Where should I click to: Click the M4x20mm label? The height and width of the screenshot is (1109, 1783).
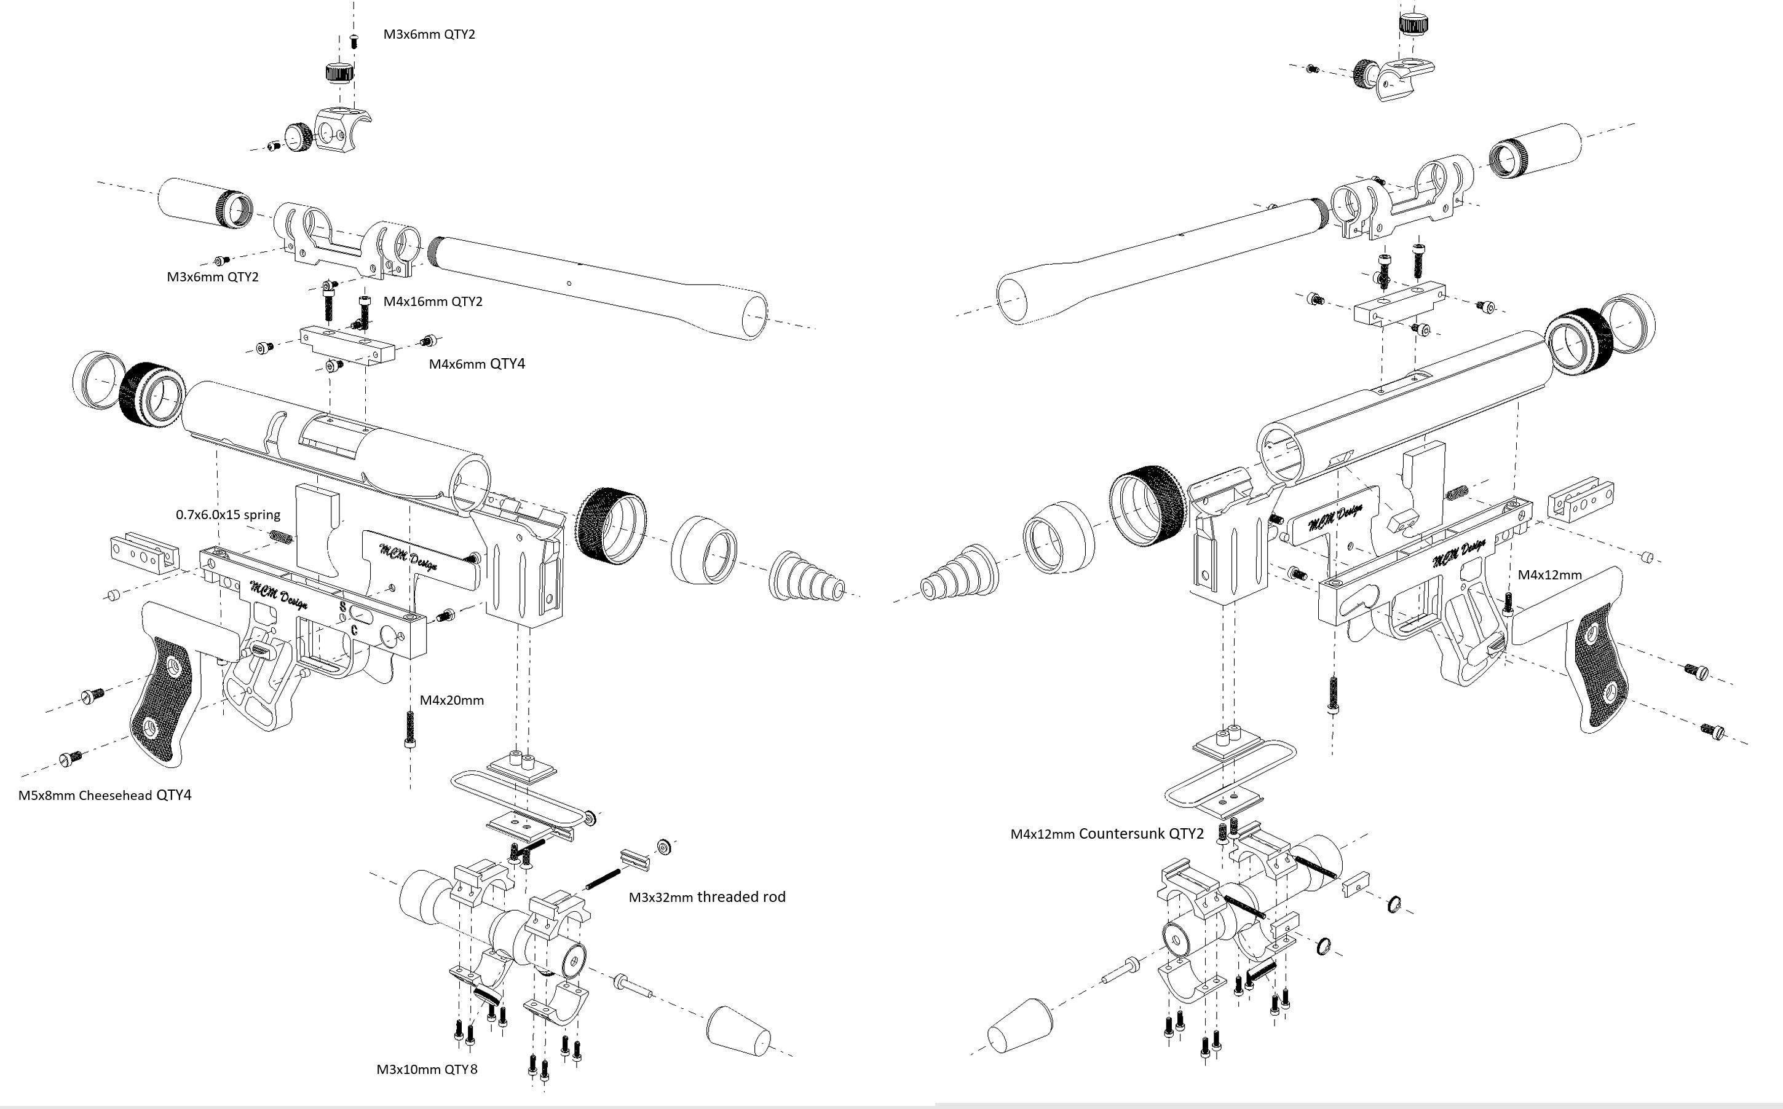pos(451,700)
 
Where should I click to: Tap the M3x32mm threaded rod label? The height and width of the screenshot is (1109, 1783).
pos(706,897)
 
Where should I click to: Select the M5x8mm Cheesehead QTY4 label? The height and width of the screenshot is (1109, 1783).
pos(105,795)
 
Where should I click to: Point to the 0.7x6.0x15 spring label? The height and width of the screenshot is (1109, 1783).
pos(227,515)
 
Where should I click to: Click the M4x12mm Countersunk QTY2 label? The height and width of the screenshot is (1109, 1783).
pos(1107,834)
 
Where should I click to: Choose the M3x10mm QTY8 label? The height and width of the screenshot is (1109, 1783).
pos(427,1070)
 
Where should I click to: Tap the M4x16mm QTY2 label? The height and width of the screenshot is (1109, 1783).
pos(433,302)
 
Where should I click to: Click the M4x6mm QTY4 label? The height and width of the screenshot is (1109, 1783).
pos(477,364)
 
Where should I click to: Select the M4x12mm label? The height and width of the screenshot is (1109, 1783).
pos(1549,575)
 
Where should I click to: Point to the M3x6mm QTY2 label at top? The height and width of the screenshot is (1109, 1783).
pos(429,34)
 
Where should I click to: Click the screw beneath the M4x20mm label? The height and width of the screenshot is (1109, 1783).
pos(409,730)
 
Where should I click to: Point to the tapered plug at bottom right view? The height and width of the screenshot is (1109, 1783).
pos(1021,1025)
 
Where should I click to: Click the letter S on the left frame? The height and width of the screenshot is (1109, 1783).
pos(342,607)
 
